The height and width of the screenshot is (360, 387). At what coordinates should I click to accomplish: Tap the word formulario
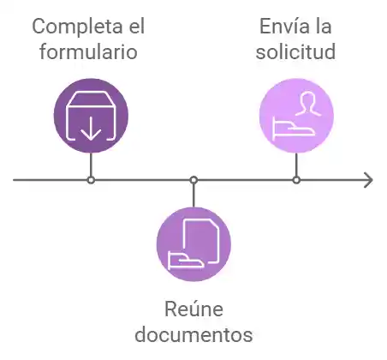90,51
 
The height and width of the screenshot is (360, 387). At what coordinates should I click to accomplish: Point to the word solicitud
296,51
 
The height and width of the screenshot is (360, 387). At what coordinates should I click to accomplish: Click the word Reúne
193,309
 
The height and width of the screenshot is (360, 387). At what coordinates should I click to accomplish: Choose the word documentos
193,333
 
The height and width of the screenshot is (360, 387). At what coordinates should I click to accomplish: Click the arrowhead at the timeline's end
368,180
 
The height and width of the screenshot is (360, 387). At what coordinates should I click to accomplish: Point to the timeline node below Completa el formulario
91,180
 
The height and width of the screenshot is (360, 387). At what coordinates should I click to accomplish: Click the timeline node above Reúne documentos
193,180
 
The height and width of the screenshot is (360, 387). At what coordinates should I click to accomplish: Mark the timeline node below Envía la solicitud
296,180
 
